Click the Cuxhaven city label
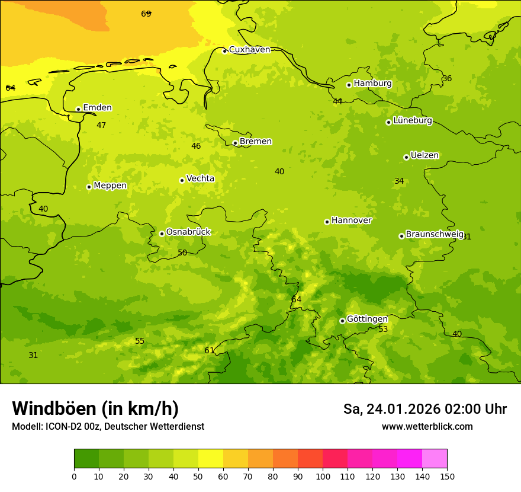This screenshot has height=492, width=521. point(249,50)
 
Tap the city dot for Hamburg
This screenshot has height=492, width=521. point(349,85)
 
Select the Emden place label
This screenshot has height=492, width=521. point(97,108)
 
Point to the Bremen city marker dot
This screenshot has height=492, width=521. point(235,143)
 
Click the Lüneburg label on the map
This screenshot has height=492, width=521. point(413,121)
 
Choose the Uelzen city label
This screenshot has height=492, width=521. point(424,156)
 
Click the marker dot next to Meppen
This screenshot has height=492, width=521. point(89,187)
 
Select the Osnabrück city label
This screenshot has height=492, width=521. point(188,232)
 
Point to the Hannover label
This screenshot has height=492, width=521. point(351,221)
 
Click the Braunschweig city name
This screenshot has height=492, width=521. point(435,235)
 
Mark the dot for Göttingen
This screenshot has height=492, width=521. point(342,321)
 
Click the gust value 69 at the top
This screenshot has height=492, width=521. point(146,14)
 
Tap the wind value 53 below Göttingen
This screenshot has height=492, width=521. point(383,329)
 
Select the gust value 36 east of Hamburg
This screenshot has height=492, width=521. point(447,79)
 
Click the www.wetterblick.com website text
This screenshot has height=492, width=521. point(427,427)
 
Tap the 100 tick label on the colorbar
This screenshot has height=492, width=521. point(323,476)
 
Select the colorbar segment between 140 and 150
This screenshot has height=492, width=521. point(435,459)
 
